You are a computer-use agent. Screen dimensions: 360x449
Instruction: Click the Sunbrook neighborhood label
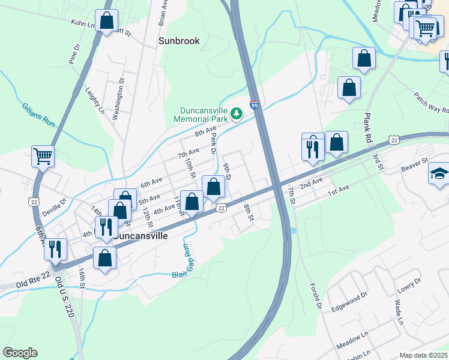point(179,41)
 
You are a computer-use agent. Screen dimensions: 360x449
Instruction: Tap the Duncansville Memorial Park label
point(205,115)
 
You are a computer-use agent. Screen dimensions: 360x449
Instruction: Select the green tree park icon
point(237,113)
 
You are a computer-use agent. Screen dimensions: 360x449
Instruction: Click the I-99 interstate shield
point(255,106)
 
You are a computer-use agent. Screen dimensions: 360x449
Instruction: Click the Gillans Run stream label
point(38,117)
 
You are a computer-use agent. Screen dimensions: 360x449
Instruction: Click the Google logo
point(20,353)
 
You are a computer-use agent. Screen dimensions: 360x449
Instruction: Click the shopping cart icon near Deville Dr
point(43,157)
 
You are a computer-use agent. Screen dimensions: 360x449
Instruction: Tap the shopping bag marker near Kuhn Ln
point(107,21)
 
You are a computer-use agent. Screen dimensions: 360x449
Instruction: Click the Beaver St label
point(415,161)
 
